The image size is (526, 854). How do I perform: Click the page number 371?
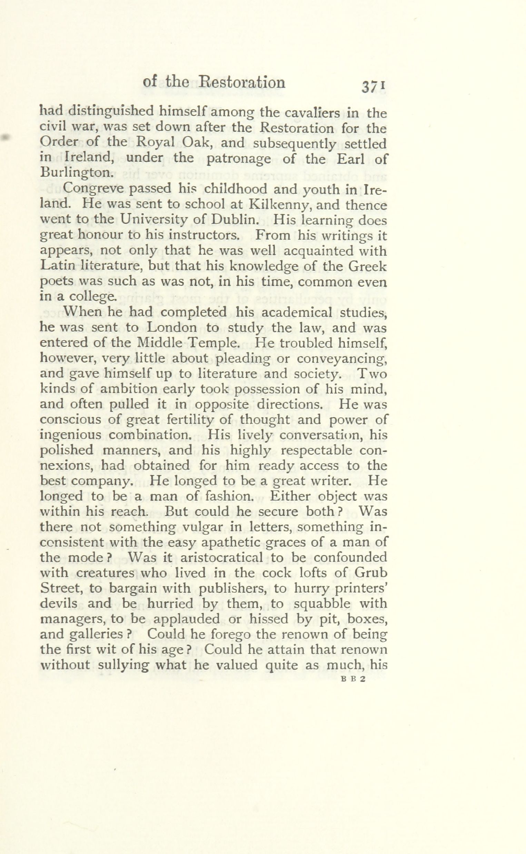373,87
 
